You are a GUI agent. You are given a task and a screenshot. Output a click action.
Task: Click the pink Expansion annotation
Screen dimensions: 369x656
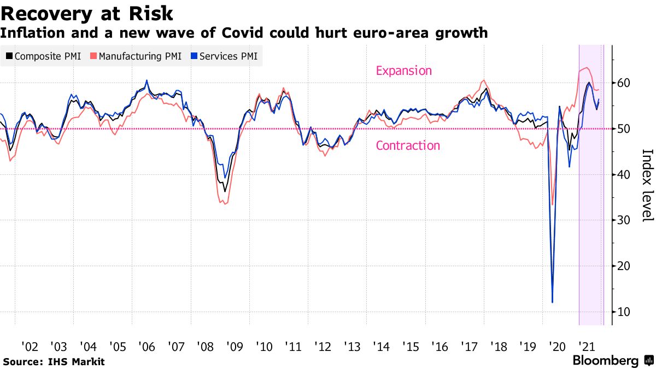point(403,71)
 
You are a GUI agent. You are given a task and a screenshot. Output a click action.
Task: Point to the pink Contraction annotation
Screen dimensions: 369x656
point(408,145)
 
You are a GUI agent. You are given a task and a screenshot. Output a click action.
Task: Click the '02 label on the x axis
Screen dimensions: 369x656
point(30,347)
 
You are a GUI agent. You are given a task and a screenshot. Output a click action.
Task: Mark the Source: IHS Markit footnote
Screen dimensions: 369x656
point(54,361)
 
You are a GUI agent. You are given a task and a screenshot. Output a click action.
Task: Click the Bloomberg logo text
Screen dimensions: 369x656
point(606,361)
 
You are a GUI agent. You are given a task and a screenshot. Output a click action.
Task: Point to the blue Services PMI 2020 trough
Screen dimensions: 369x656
point(553,302)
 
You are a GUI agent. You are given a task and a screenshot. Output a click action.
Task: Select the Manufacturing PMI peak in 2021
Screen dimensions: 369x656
point(586,68)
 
